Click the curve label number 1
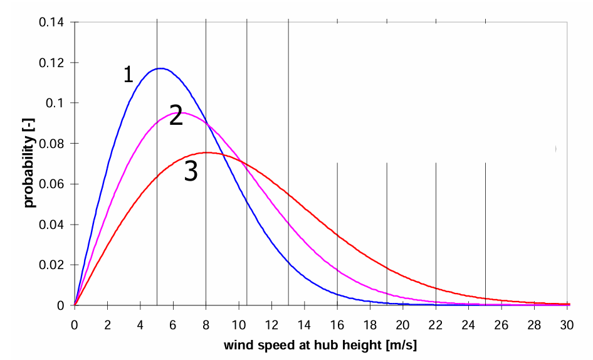click(x=129, y=75)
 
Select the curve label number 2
click(x=176, y=116)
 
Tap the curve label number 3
click(x=191, y=171)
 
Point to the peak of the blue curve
click(x=161, y=68)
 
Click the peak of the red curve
click(x=207, y=152)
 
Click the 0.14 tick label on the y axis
click(x=51, y=23)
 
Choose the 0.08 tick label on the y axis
click(x=51, y=144)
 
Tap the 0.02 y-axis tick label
click(x=51, y=265)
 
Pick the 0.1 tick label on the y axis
click(x=55, y=103)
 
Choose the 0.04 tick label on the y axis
click(x=51, y=225)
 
